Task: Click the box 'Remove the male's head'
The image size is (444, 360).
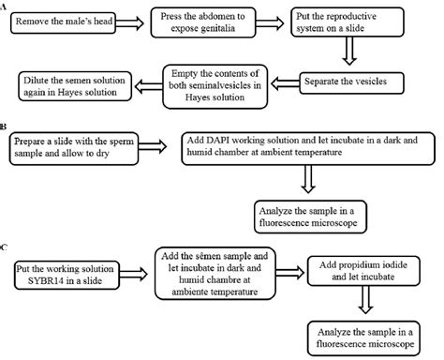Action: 64,19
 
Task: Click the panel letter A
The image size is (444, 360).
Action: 6,6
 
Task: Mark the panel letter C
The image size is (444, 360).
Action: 6,249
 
